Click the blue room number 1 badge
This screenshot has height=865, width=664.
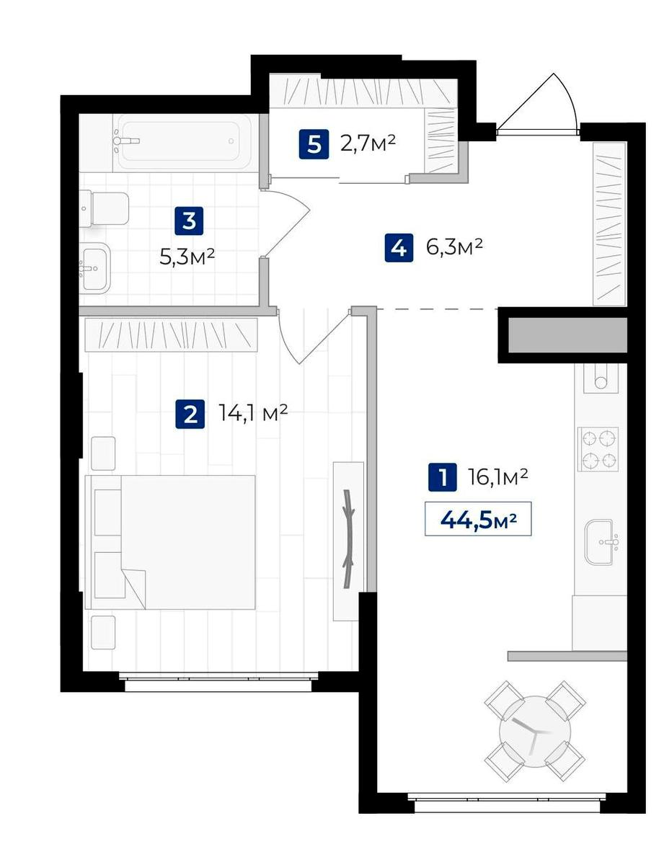442,477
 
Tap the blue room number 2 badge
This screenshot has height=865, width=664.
190,414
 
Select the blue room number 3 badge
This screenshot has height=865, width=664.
189,221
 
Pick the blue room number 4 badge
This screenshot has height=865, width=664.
399,247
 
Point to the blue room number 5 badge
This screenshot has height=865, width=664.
314,144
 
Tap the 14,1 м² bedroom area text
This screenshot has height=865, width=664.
253,413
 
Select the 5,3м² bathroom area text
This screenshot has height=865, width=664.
187,257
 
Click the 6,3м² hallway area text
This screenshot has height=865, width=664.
454,247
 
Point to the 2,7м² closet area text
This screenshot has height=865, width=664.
368,143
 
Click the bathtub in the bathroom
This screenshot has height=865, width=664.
182,141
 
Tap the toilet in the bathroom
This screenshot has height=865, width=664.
105,208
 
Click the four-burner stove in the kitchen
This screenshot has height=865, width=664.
598,449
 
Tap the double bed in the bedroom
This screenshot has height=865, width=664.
170,542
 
